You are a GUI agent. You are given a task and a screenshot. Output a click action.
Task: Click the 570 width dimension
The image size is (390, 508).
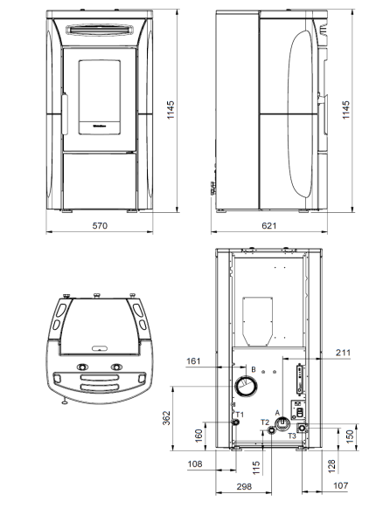(x=99, y=226)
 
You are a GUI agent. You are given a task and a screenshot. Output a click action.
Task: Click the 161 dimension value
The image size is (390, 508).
(x=194, y=360)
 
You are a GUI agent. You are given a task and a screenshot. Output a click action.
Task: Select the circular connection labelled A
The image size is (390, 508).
(x=282, y=424)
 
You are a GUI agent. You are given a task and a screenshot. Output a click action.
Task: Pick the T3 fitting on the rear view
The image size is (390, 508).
(x=303, y=429)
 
